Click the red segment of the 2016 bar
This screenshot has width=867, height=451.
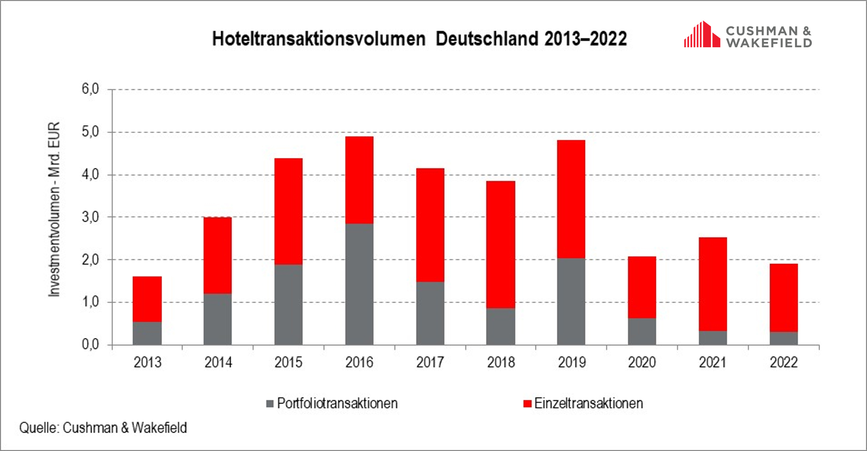pos(359,180)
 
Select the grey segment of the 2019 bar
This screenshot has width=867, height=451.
pos(571,302)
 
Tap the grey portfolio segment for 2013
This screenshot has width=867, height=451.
pos(147,333)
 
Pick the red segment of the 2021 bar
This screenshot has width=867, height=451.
pos(713,284)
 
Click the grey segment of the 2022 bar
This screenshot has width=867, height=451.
pos(783,338)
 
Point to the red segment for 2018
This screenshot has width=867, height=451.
pos(501,245)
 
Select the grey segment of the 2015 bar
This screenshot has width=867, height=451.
pos(288,305)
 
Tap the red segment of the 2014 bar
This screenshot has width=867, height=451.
pos(217,255)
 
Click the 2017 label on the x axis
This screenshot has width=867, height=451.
pos(430,362)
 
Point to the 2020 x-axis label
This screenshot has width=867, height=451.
pos(642,362)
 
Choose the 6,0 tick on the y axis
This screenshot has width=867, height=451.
pos(90,89)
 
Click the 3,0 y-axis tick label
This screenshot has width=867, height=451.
pos(90,217)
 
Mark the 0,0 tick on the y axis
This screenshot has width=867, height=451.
pos(90,344)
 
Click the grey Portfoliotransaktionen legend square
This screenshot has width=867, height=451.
pos(270,403)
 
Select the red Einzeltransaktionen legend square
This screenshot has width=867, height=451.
pos(527,403)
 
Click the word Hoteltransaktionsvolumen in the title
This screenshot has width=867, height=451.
pos(319,39)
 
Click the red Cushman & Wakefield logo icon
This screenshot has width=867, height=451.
pos(702,35)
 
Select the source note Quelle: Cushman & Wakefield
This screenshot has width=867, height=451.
pos(103,428)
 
